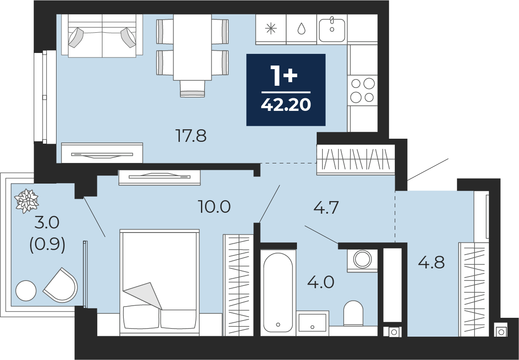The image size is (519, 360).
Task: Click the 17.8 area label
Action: pos(191,136)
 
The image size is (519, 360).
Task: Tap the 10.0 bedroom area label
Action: pos(214,207)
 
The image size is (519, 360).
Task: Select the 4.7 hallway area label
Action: pos(326,208)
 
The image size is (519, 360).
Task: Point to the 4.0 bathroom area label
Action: pos(321,282)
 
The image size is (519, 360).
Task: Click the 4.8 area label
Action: pos(431,263)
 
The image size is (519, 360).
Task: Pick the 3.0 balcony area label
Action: pos(47,223)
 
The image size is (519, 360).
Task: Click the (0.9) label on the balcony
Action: pos(47,245)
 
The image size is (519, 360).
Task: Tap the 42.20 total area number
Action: pos(286,105)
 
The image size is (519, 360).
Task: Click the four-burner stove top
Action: pos(362,90)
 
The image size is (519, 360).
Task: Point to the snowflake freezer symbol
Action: pos(271,29)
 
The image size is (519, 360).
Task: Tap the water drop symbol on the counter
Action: pos(301,29)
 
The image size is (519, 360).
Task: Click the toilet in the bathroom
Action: pos(353,313)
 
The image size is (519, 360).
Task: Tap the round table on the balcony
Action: pos(26,290)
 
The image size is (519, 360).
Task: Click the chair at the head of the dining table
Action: pos(192,88)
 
